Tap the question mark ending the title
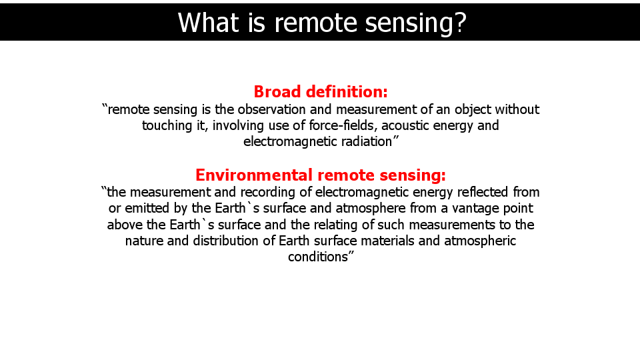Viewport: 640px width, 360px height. coord(459,23)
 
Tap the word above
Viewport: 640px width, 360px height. coord(125,225)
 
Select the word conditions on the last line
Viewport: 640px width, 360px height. coord(318,257)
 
